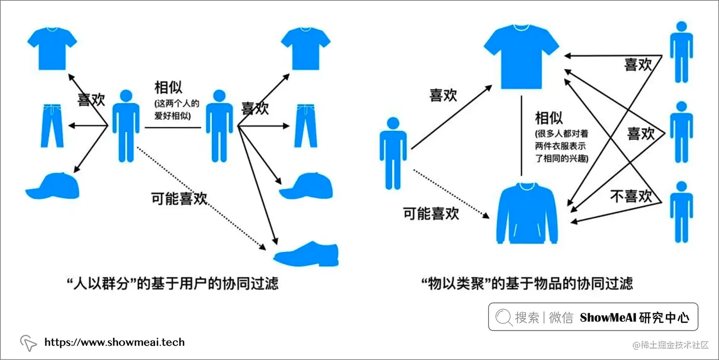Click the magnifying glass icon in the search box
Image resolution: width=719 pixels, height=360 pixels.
[x=504, y=317]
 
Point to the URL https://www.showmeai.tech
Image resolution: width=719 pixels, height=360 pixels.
[x=114, y=342]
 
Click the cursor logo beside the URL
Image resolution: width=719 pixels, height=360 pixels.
[x=28, y=343]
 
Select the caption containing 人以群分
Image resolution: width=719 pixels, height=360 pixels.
[x=172, y=283]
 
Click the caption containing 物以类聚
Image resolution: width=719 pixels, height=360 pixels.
[x=527, y=283]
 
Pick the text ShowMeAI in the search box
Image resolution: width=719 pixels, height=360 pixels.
[x=608, y=317]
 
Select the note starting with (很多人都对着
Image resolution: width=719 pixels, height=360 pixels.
[x=562, y=146]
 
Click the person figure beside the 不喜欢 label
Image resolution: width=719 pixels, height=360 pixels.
[x=681, y=212]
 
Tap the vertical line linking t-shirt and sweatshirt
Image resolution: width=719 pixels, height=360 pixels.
[x=522, y=136]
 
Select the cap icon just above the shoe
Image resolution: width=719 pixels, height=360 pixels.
[x=305, y=186]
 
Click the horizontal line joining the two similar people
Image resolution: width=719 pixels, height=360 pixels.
[x=173, y=127]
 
